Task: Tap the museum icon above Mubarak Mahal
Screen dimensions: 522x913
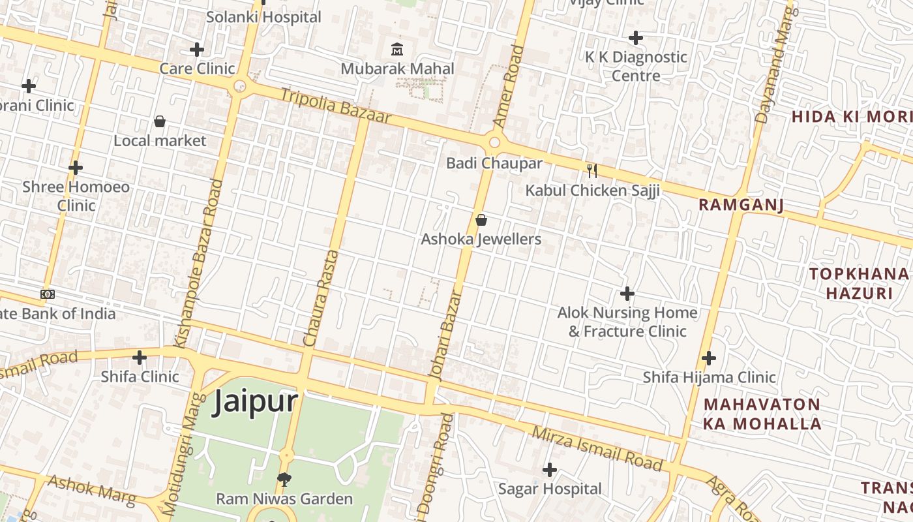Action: [x=397, y=49]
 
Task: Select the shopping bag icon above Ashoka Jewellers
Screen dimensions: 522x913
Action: [x=481, y=220]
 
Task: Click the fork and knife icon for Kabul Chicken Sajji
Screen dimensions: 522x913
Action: [x=592, y=171]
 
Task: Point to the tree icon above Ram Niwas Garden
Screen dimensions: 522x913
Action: [x=284, y=480]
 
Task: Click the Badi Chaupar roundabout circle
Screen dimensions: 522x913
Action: [x=494, y=142]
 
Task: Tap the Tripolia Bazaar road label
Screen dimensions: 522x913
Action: [x=336, y=106]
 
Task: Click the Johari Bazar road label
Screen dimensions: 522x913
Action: [x=447, y=334]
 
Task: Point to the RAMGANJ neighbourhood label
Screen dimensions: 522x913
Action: [x=741, y=205]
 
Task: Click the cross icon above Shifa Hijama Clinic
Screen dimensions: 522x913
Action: [x=709, y=358]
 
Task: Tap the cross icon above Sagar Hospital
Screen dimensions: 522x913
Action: [x=550, y=469]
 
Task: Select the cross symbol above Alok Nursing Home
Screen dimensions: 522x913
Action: [x=627, y=294]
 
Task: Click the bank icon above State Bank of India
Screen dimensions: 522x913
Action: [x=48, y=294]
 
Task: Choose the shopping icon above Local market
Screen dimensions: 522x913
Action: [x=160, y=121]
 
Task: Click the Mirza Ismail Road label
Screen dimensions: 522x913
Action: [x=597, y=448]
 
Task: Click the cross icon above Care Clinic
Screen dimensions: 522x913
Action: [x=197, y=50]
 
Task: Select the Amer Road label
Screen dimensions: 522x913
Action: [x=507, y=86]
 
